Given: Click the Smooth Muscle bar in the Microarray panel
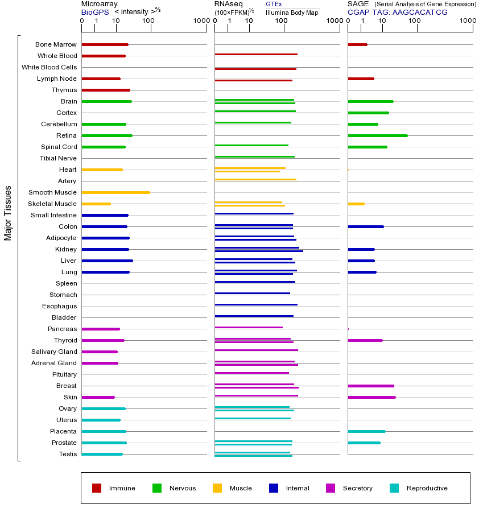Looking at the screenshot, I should click(x=115, y=192).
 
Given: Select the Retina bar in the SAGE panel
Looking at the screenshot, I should click(x=377, y=135).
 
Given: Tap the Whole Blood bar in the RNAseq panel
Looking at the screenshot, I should click(x=256, y=55).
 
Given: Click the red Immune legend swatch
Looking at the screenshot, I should click(x=97, y=488).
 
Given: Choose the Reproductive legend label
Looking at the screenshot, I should click(x=427, y=488).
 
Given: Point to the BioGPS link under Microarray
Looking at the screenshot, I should click(x=94, y=12).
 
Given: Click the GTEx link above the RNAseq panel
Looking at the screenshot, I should click(x=274, y=4).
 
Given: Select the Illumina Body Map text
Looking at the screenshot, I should click(x=292, y=12).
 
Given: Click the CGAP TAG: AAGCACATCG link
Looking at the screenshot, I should click(x=397, y=12).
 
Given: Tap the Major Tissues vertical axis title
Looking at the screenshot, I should click(x=8, y=213).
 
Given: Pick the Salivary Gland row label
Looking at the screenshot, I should click(x=54, y=352).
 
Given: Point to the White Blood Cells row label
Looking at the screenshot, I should click(x=49, y=67).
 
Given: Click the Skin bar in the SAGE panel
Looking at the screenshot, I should click(x=371, y=397).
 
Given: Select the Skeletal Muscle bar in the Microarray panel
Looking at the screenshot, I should click(x=96, y=204).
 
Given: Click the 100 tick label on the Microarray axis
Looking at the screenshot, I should click(x=148, y=21).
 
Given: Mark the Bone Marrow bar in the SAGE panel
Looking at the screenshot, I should click(x=357, y=44).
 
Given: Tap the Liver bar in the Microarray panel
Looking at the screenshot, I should click(x=107, y=261).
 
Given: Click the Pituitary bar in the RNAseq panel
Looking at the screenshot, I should click(x=251, y=373).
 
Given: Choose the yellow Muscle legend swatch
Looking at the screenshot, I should click(x=217, y=488).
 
